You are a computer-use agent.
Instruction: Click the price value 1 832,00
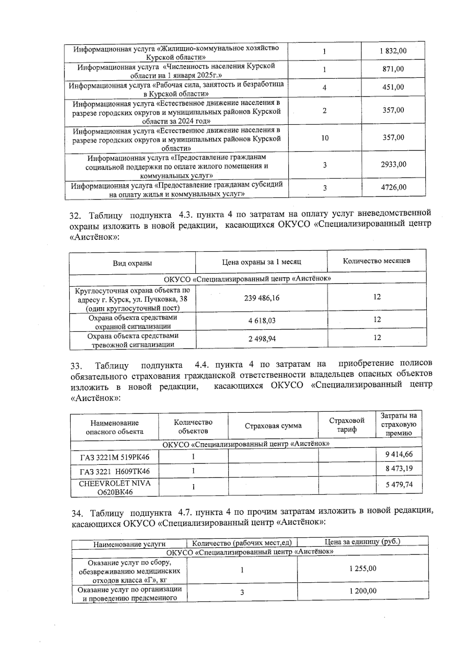point(393,51)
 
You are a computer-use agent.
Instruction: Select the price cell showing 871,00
point(393,69)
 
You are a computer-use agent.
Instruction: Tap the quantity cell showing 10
point(325,137)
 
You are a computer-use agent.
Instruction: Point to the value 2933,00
point(393,164)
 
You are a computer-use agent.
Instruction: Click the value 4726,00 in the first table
point(393,187)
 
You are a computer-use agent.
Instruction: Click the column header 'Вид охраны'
point(132,263)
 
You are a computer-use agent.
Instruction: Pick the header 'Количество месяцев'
point(376,261)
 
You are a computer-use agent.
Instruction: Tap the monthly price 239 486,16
point(262,298)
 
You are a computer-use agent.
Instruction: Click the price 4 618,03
point(262,320)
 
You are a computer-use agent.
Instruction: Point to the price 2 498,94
point(262,339)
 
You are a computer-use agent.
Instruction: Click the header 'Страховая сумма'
point(273,426)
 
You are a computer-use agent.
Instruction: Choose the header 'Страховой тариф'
point(347,425)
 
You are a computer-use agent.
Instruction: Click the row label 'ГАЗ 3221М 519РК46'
point(114,457)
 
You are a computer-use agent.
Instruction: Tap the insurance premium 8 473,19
point(399,469)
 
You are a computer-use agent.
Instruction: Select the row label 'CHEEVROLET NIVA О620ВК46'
point(114,487)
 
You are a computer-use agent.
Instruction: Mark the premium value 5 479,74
point(399,485)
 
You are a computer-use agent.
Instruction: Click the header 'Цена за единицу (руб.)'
point(362,542)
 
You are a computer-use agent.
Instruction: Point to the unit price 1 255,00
point(363,568)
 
